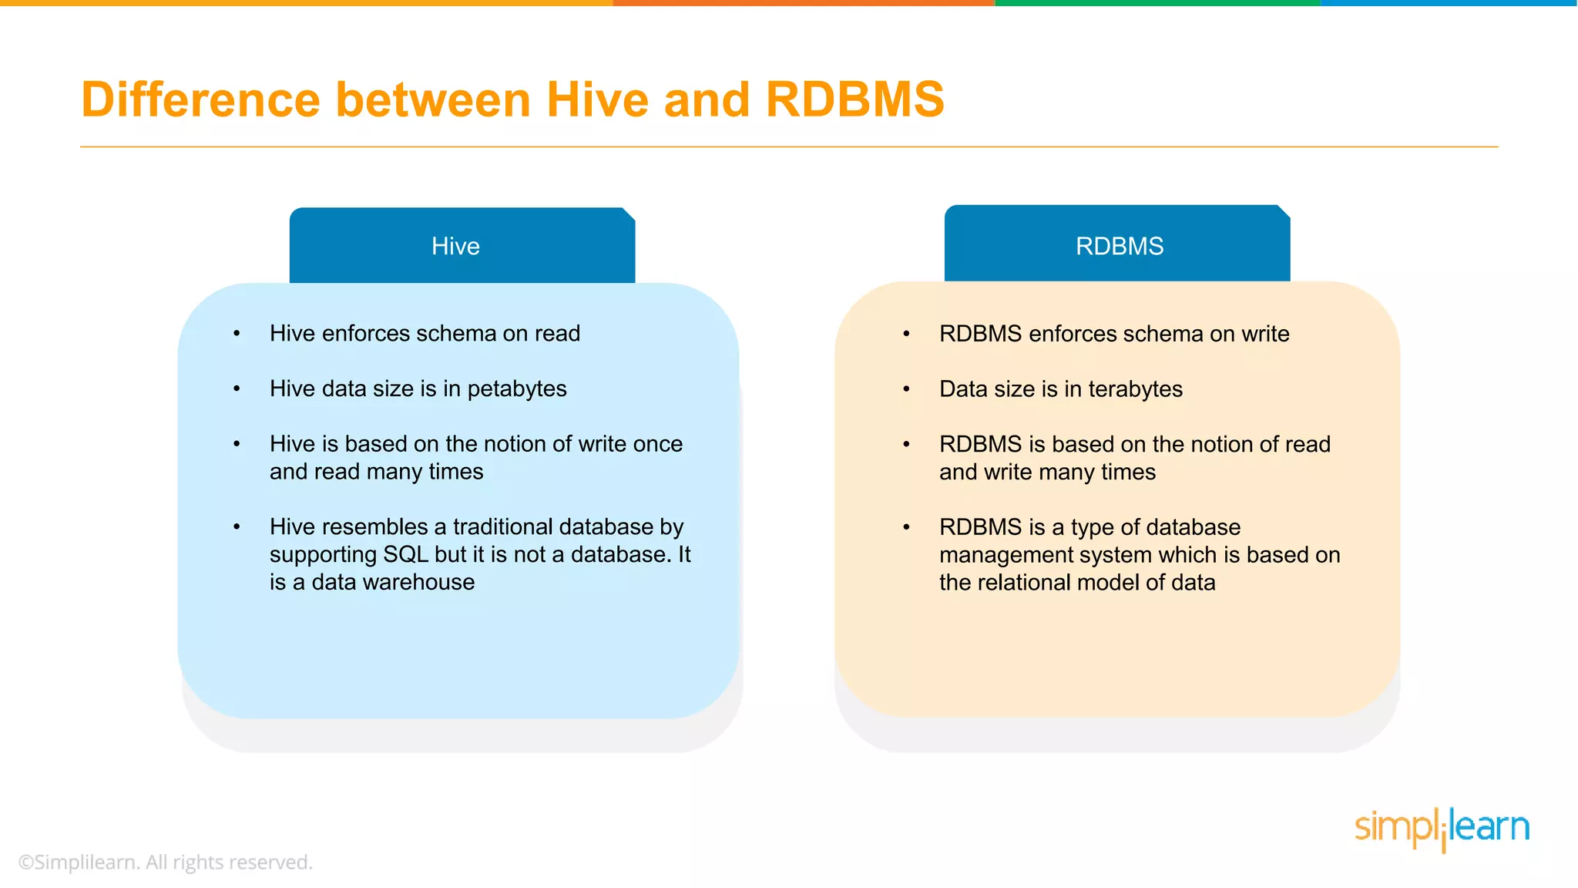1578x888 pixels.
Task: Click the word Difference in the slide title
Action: [200, 100]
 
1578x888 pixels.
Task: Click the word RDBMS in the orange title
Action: [854, 100]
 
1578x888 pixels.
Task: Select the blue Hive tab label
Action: [455, 247]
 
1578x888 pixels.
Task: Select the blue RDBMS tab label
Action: [1119, 247]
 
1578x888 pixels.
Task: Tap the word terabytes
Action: [1135, 389]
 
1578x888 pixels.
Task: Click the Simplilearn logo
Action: [1441, 828]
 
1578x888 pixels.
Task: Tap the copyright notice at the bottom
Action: [165, 862]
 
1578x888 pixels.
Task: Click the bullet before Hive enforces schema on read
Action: [237, 334]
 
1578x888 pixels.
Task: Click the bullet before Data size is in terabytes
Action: [907, 389]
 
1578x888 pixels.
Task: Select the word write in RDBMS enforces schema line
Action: [1265, 334]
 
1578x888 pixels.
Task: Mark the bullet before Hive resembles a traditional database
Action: [237, 527]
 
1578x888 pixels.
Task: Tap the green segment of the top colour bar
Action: [1156, 3]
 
